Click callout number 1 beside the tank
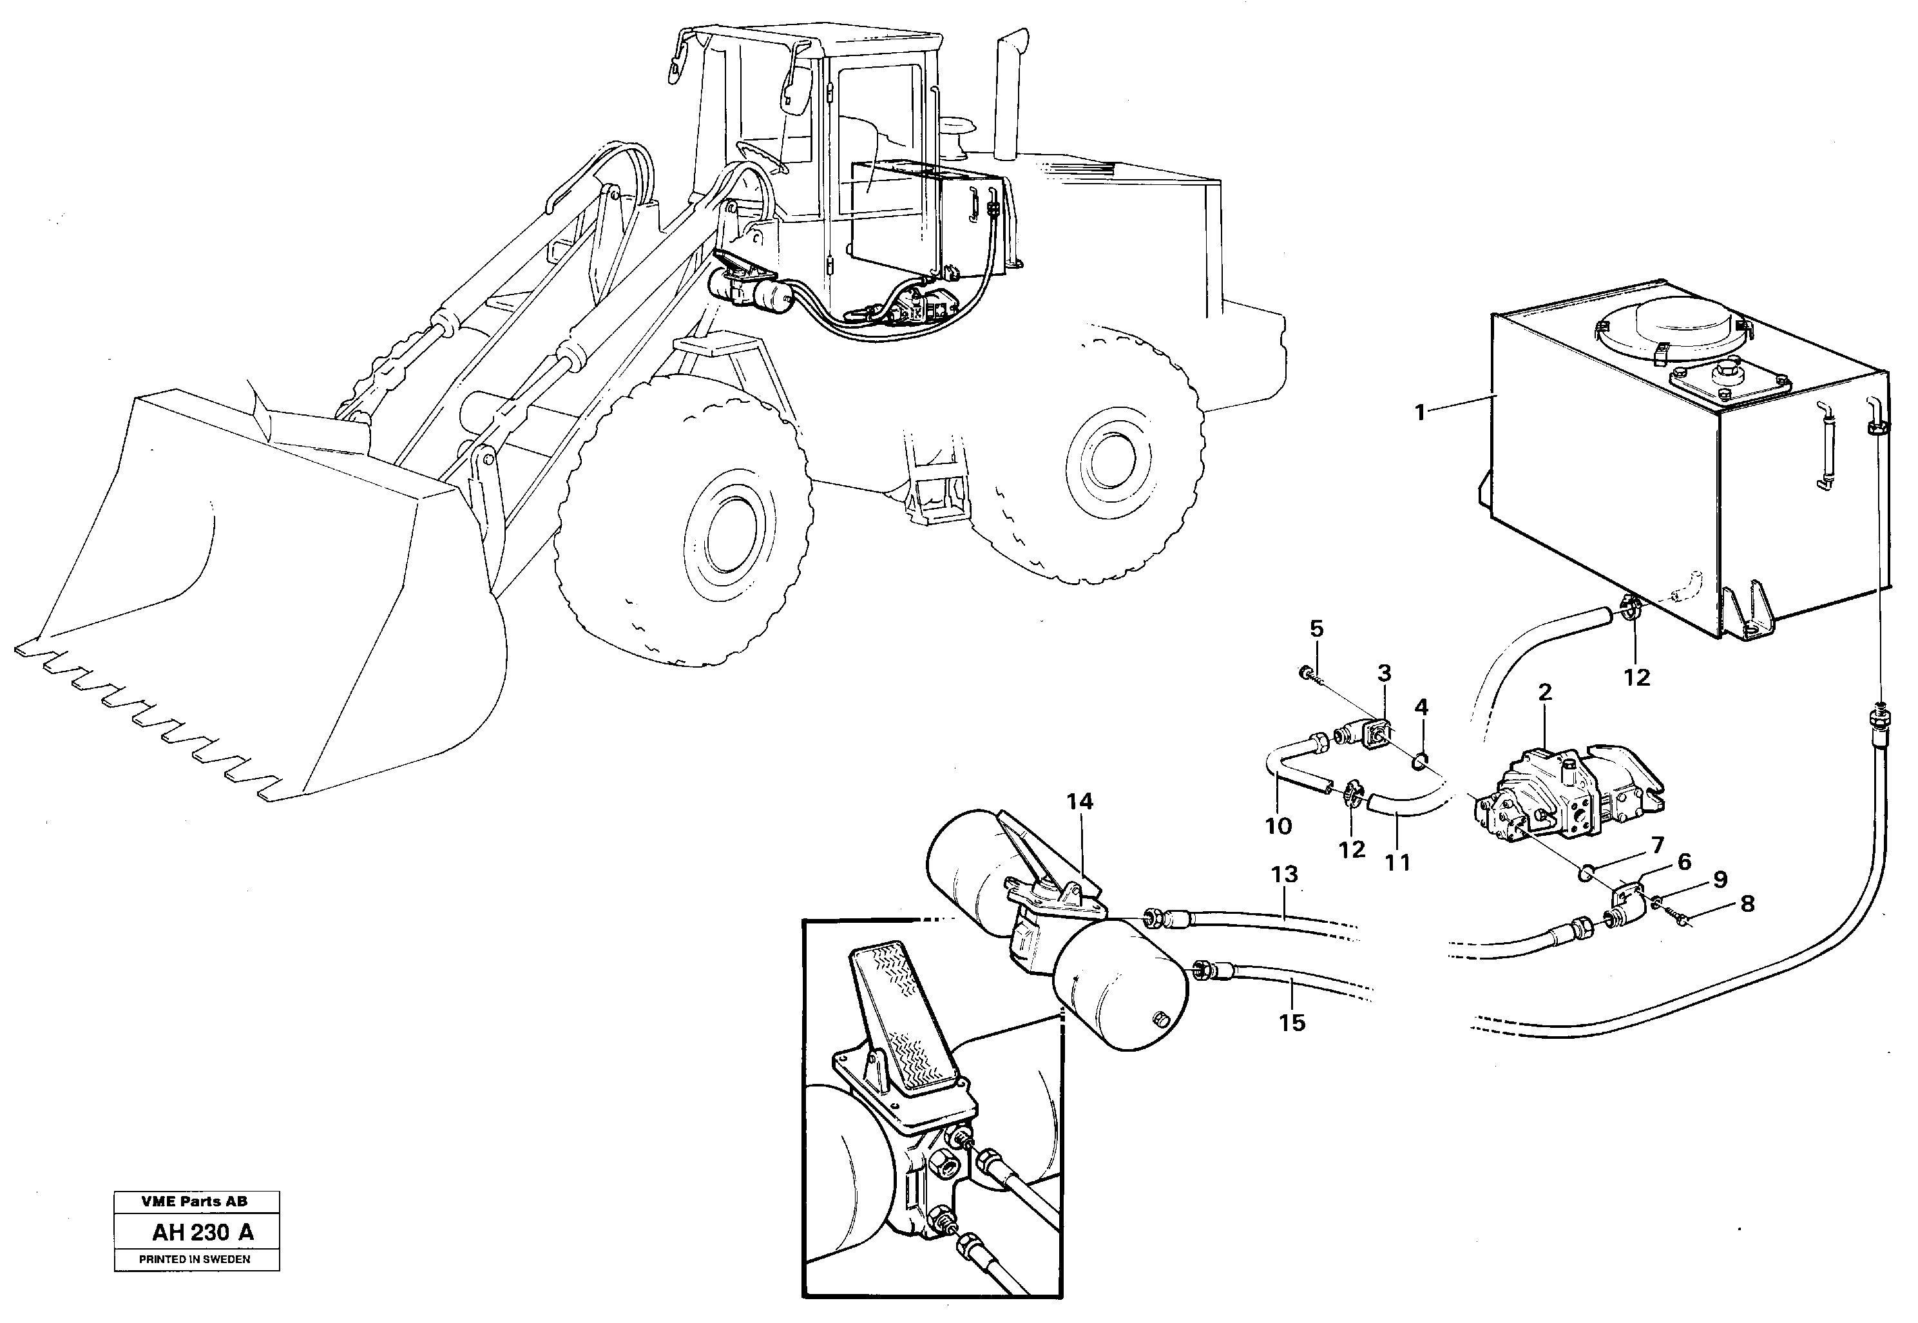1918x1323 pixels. point(1419,412)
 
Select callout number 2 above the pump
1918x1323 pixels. point(1544,691)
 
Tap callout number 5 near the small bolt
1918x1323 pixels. point(1316,628)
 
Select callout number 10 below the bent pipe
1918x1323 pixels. point(1278,826)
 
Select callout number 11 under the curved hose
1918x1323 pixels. point(1397,863)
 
